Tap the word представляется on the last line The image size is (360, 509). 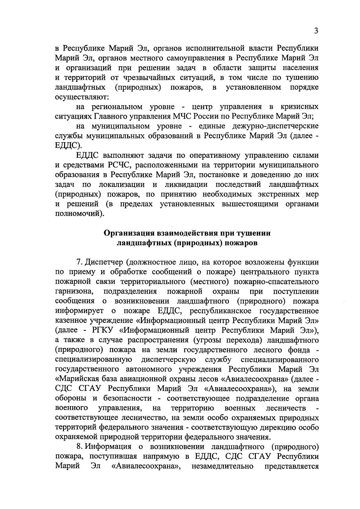[292, 466]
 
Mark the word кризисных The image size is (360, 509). [299, 107]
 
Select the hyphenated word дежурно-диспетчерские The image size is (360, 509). [275, 126]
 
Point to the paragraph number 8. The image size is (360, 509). [79, 447]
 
